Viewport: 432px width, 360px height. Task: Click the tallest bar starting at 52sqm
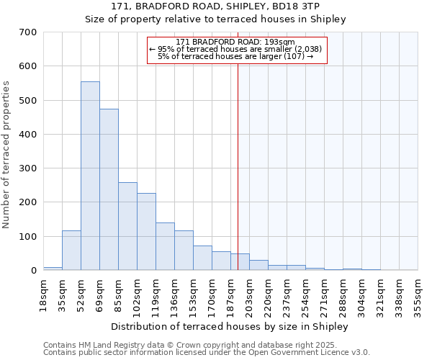click(90, 176)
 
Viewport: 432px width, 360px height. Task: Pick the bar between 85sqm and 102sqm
click(127, 226)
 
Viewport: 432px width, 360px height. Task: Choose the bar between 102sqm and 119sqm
click(146, 231)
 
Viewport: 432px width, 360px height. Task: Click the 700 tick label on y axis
click(27, 32)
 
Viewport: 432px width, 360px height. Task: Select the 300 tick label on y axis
click(27, 168)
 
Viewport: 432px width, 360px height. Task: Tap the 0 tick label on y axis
click(33, 271)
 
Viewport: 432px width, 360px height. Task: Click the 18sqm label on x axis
click(44, 294)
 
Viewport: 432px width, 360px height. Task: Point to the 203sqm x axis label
click(250, 295)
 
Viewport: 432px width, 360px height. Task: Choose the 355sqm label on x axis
click(418, 295)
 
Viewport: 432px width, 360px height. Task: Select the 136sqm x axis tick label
click(175, 295)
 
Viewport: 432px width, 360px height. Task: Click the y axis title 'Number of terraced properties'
click(6, 154)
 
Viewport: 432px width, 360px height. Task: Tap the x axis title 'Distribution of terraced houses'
click(230, 326)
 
